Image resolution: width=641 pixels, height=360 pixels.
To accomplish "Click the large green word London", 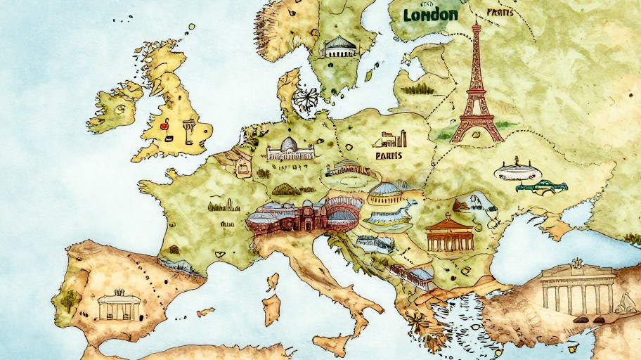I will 431,15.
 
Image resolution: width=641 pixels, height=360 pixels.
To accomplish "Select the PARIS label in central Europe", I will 389,155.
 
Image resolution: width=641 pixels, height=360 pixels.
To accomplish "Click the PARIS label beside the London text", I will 500,12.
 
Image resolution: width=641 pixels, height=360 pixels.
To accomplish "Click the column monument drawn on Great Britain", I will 188,131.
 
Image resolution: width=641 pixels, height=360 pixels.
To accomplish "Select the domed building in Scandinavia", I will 339,46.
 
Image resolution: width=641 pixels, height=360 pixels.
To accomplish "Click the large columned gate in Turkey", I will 578,288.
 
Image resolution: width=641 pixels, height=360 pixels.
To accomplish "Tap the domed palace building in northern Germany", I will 289,148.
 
